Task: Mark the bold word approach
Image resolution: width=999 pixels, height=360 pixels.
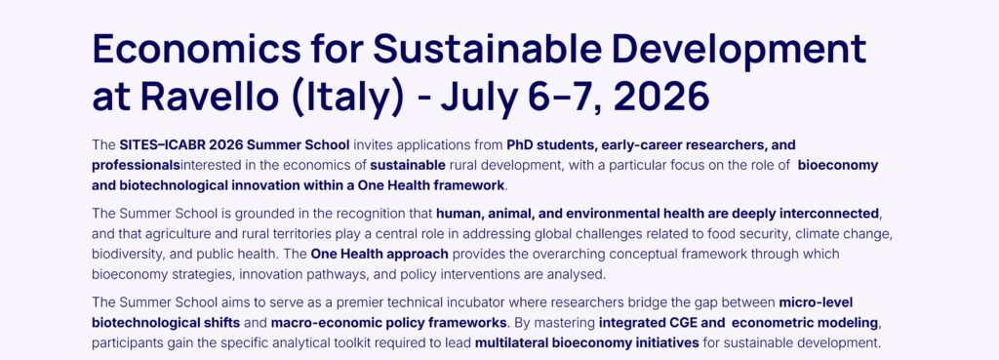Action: click(414, 254)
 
